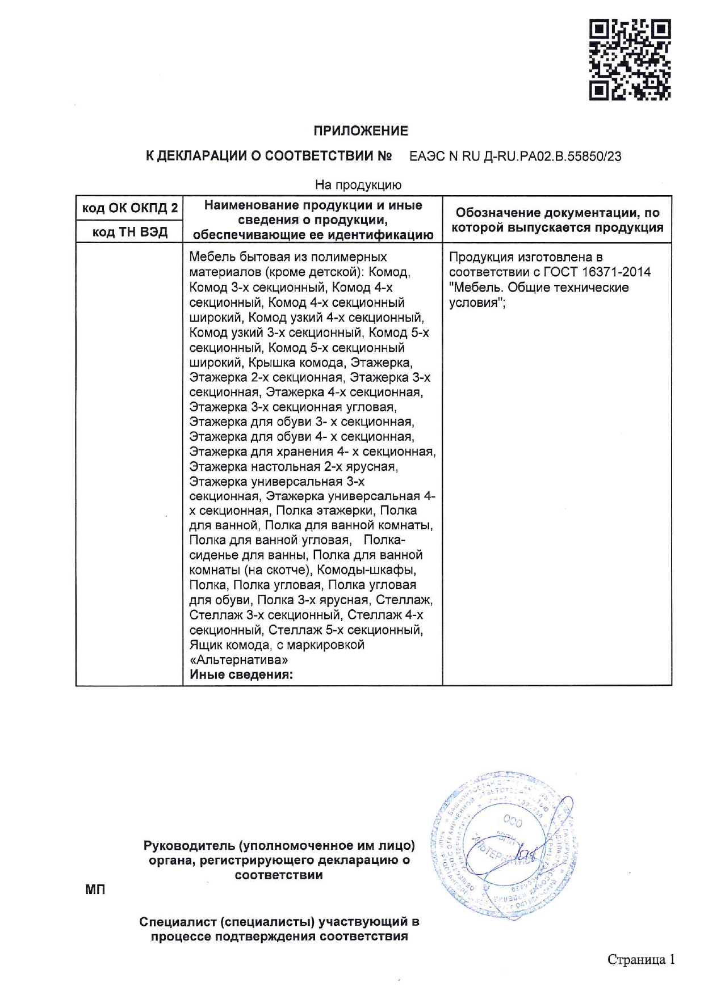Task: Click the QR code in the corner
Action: (630, 60)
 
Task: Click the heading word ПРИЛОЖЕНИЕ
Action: (361, 131)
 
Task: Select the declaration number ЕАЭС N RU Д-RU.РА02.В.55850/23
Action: (515, 157)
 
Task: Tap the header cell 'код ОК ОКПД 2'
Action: (129, 208)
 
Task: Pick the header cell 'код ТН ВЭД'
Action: (129, 232)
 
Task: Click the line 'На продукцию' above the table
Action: (358, 185)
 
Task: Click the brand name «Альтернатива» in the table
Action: (238, 660)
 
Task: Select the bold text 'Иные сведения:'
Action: (241, 675)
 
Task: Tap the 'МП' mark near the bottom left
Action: (95, 889)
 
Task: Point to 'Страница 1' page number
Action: (641, 959)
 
